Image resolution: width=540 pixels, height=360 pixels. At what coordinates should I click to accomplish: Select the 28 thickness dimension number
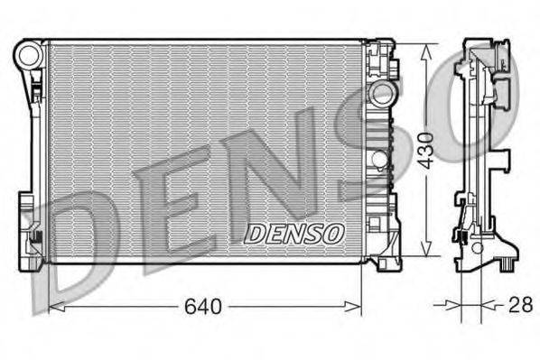519,306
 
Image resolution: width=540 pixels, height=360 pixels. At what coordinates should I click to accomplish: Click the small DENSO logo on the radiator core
294,233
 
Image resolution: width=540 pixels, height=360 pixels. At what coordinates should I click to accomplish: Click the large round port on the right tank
382,93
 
